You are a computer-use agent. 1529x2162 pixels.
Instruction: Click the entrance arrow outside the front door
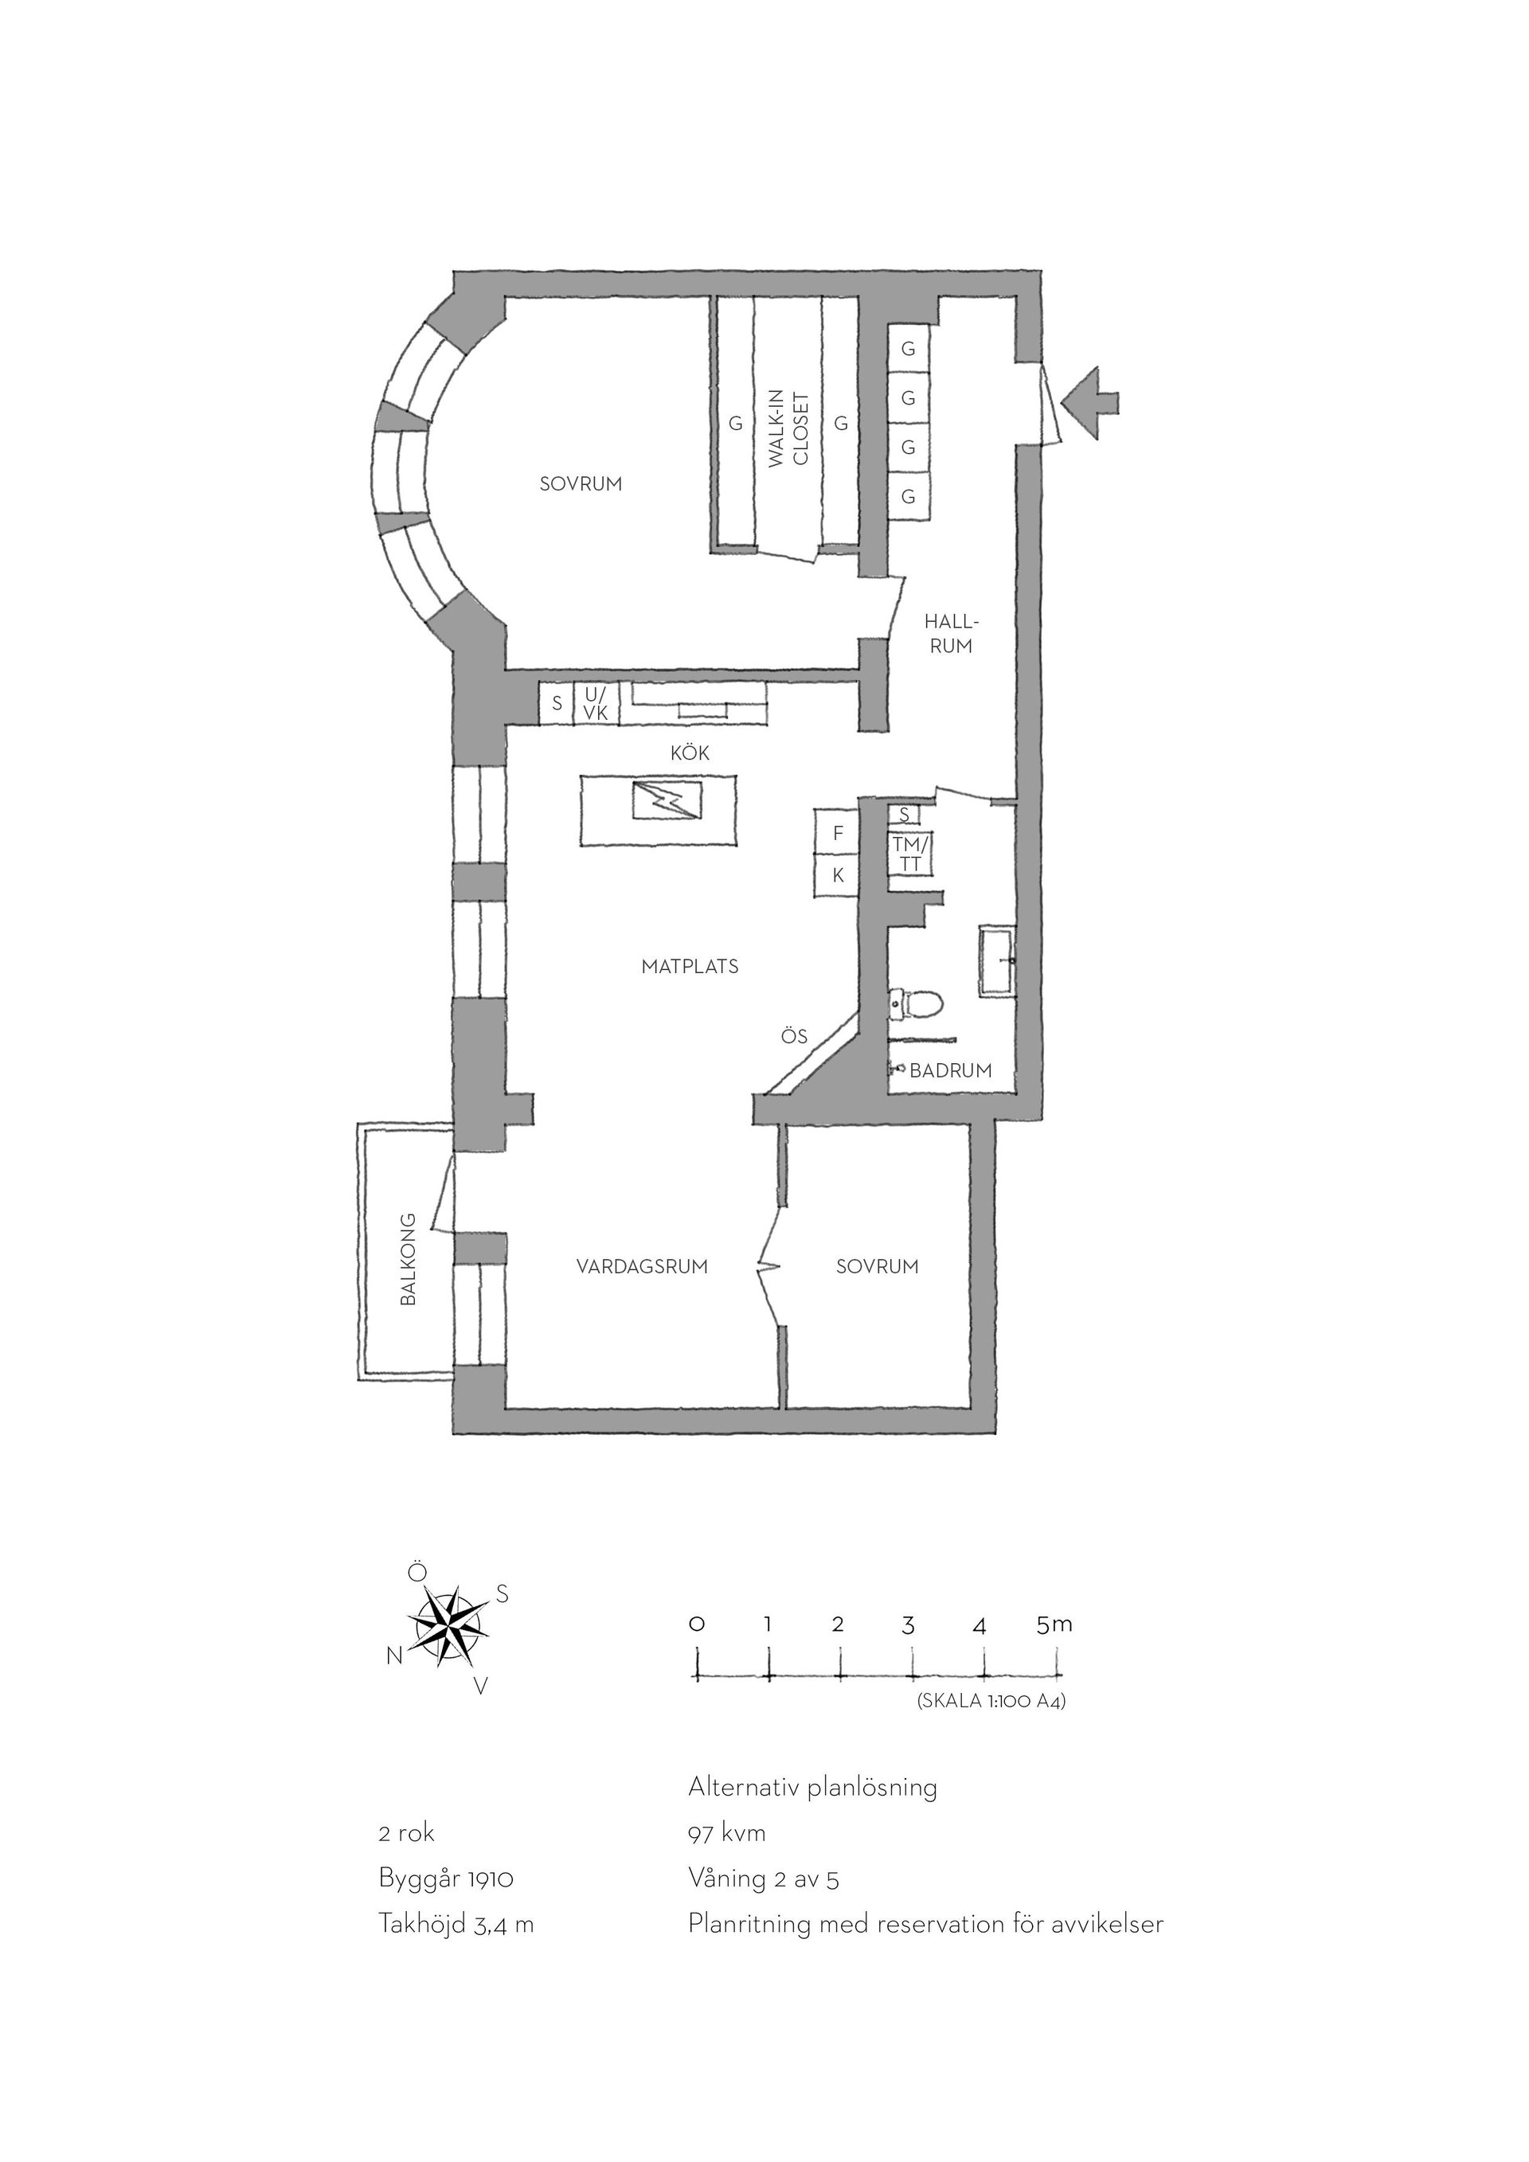[x=1090, y=403]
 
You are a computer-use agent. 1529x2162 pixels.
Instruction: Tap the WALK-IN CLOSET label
[x=788, y=428]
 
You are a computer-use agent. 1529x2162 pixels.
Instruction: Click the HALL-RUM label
[x=951, y=634]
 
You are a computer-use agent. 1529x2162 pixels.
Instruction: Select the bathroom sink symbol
[x=996, y=961]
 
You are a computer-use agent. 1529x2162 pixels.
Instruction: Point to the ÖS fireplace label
[x=794, y=1037]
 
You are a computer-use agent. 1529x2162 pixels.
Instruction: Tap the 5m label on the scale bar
[x=1054, y=1624]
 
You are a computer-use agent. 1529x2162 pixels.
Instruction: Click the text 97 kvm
[x=727, y=1833]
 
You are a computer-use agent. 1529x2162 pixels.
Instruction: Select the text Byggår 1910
[x=445, y=1879]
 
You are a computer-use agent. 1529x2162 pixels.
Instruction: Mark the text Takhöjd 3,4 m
[x=456, y=1924]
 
